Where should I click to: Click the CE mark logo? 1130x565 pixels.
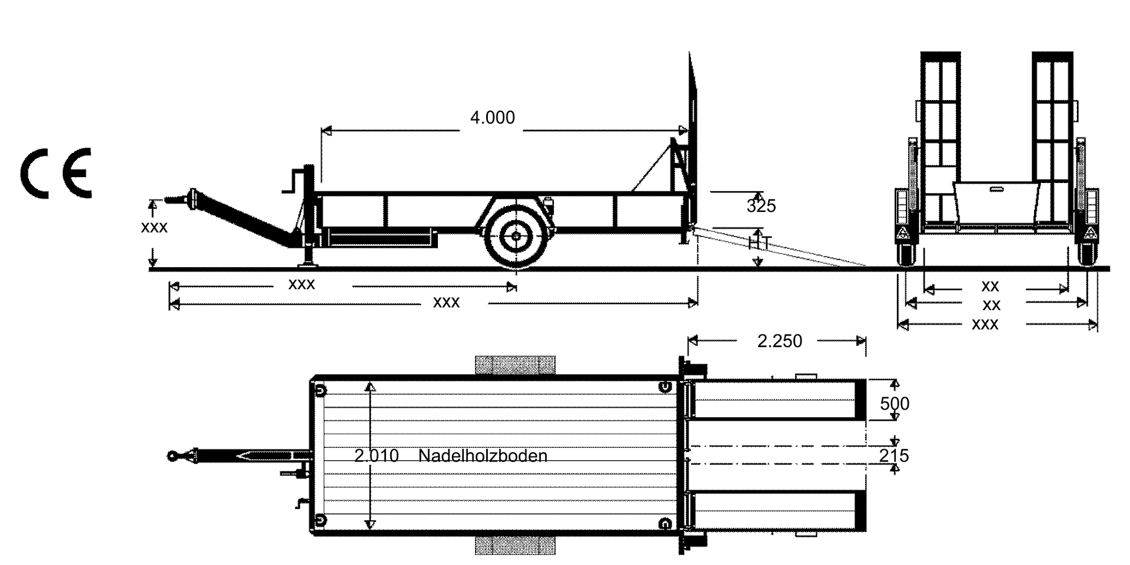[56, 172]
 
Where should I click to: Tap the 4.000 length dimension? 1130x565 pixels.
[492, 118]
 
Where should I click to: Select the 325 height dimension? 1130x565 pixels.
[761, 206]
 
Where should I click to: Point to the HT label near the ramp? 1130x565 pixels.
[760, 242]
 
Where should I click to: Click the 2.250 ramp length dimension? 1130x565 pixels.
[779, 341]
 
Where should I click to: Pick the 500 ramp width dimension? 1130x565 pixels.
[895, 404]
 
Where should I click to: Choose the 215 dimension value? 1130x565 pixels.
[894, 456]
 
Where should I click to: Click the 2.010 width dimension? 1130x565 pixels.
[377, 456]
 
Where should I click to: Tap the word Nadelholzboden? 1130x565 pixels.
[483, 456]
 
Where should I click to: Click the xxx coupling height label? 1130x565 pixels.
[154, 228]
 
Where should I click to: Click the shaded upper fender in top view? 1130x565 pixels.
[515, 365]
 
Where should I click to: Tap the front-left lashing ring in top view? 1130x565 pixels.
[320, 391]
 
